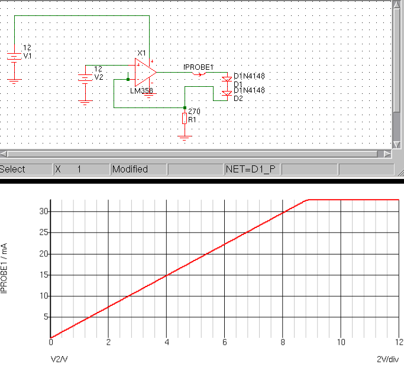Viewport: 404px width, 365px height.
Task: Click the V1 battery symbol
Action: [14, 57]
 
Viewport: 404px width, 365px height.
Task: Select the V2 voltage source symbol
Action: [85, 77]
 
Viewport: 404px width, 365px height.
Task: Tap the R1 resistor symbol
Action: [185, 119]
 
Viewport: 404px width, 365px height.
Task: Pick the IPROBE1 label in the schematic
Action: [198, 67]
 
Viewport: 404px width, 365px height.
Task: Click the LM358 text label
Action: [142, 92]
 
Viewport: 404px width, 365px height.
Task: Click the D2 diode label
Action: [238, 98]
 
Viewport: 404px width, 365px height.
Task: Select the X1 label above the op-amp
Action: [141, 53]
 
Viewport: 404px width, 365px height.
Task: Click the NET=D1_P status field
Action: [251, 170]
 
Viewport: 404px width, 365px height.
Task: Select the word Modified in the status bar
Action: [130, 170]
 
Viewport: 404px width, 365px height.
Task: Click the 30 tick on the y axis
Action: [43, 211]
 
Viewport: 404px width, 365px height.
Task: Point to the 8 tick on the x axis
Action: [283, 343]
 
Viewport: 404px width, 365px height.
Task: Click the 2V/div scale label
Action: [388, 358]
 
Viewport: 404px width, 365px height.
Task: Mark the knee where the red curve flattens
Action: [308, 200]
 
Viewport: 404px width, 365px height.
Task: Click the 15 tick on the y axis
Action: [43, 275]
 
